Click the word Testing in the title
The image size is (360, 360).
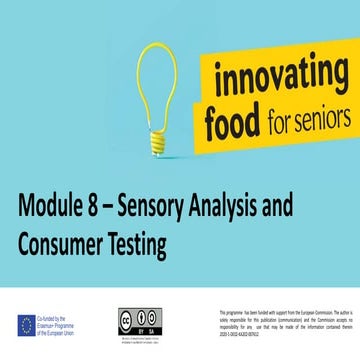(x=140, y=244)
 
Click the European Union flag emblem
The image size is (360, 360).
(x=26, y=324)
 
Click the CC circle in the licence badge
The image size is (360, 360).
(x=128, y=315)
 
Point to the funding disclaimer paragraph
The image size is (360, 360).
(x=285, y=324)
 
